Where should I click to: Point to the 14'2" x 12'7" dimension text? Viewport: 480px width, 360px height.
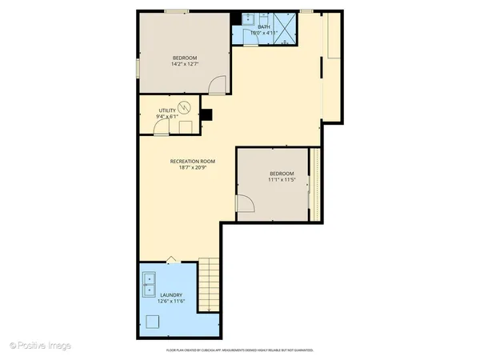[185, 64]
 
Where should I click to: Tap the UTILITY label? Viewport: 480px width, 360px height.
[167, 111]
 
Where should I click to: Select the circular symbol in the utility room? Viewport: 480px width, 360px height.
[186, 106]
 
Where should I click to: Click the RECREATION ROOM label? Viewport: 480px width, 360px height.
[193, 162]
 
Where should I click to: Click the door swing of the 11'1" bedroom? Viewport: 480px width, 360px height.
[246, 206]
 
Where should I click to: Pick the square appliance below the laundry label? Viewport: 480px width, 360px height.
[154, 322]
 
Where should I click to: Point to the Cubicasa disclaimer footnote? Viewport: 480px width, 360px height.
[239, 350]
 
